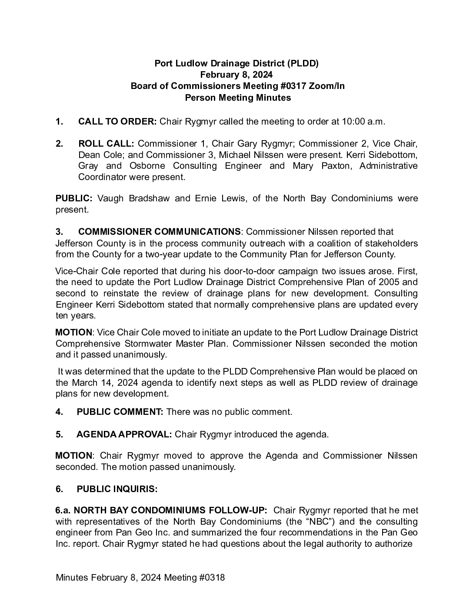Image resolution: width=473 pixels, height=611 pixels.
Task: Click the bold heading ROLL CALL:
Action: pos(106,144)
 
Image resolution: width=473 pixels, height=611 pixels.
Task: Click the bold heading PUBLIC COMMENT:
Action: pos(120,412)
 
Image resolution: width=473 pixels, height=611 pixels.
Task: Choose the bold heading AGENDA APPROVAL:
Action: pos(124,434)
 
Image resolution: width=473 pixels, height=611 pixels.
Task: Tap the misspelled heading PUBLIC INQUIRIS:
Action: pos(117,489)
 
